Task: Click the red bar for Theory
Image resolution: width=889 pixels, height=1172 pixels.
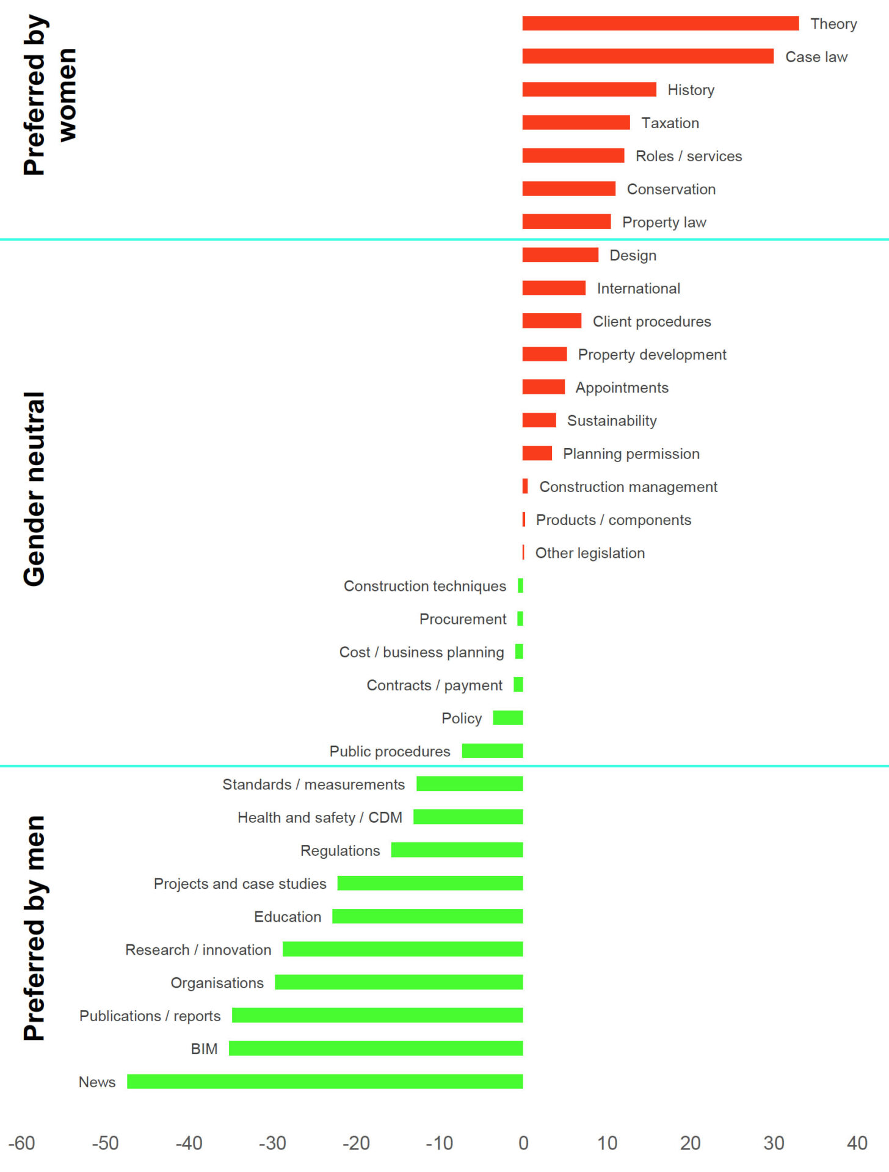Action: coord(660,23)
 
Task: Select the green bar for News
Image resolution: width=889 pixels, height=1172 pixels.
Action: coord(325,1082)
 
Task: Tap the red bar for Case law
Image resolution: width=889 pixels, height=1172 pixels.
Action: coord(648,56)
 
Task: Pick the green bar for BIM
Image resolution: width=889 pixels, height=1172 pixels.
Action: coord(376,1048)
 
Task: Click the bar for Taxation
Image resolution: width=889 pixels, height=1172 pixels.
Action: coord(576,123)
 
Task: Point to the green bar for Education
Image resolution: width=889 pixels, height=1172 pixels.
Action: coord(427,916)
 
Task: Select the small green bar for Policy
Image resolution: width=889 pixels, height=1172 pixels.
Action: coord(508,718)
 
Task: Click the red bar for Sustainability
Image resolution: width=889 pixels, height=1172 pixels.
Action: coord(539,420)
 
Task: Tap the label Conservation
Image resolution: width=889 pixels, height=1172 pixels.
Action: coord(671,189)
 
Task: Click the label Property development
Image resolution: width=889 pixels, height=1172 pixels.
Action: coord(652,355)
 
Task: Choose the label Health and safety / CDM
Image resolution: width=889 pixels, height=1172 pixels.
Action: coord(320,817)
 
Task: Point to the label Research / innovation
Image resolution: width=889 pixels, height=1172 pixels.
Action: coord(198,950)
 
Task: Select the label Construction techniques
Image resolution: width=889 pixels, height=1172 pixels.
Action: coord(425,586)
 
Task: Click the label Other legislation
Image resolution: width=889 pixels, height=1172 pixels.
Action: coord(590,553)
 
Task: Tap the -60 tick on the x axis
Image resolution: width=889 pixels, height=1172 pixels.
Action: coord(21,1143)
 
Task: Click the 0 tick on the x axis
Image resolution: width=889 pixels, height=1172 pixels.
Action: coord(523,1143)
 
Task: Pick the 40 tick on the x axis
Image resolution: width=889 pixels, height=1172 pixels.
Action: coord(857,1143)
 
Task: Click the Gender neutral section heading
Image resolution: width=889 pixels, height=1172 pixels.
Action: coord(34,488)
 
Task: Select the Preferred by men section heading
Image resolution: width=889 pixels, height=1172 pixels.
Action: coord(34,928)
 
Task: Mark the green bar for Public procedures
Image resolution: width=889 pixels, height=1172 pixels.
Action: coord(492,751)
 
